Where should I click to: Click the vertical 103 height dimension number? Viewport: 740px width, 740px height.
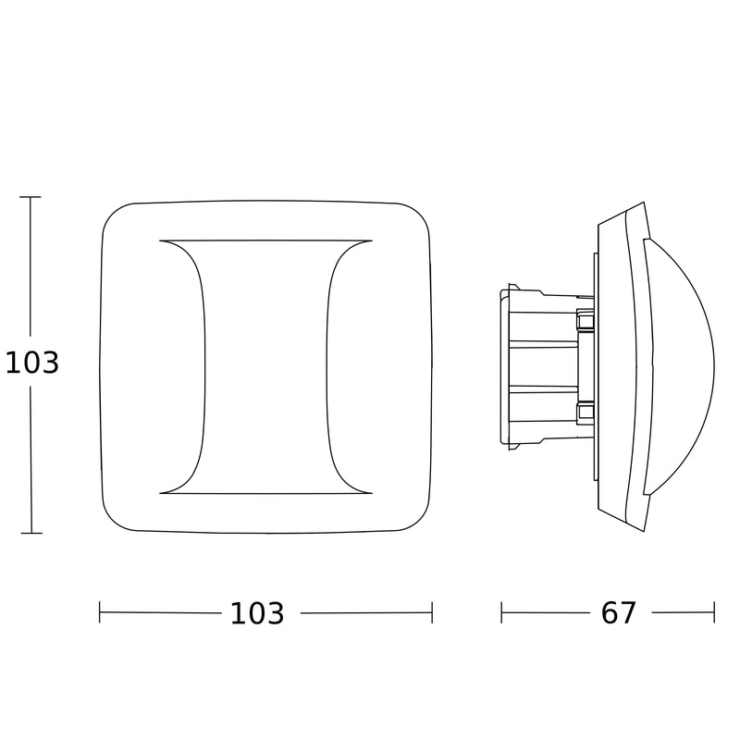(32, 363)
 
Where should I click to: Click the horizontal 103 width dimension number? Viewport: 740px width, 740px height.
(257, 613)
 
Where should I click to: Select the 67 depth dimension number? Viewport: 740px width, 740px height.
(618, 613)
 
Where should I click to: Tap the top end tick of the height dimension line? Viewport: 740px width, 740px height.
(31, 197)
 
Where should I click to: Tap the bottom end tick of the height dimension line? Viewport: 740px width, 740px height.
(31, 534)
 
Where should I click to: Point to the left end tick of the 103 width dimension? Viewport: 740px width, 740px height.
(100, 612)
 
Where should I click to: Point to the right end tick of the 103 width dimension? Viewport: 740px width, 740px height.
(432, 612)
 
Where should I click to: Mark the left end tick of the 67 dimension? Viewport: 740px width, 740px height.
(501, 612)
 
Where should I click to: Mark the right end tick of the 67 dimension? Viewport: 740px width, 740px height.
(714, 612)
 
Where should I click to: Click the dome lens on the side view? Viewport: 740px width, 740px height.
(680, 366)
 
